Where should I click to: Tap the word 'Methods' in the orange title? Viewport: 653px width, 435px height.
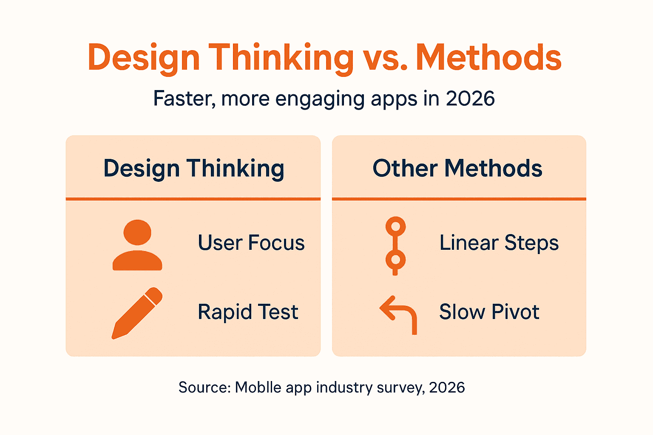coord(488,58)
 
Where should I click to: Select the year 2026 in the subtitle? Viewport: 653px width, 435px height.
coord(470,99)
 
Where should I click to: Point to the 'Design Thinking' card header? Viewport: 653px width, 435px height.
coord(194,168)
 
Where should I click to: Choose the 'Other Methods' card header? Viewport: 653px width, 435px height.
coord(457,168)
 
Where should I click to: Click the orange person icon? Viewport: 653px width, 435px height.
coord(137,245)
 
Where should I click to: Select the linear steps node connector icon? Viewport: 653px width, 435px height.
coord(395,246)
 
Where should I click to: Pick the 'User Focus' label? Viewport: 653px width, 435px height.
coord(251,243)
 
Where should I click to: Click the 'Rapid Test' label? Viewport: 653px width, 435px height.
coord(248,312)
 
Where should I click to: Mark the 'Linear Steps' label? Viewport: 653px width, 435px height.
coord(499,243)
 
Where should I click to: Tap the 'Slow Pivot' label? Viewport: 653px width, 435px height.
coord(489,312)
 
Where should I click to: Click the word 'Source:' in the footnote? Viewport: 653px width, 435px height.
coord(204,387)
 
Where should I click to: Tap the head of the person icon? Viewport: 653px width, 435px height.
coord(137,232)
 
